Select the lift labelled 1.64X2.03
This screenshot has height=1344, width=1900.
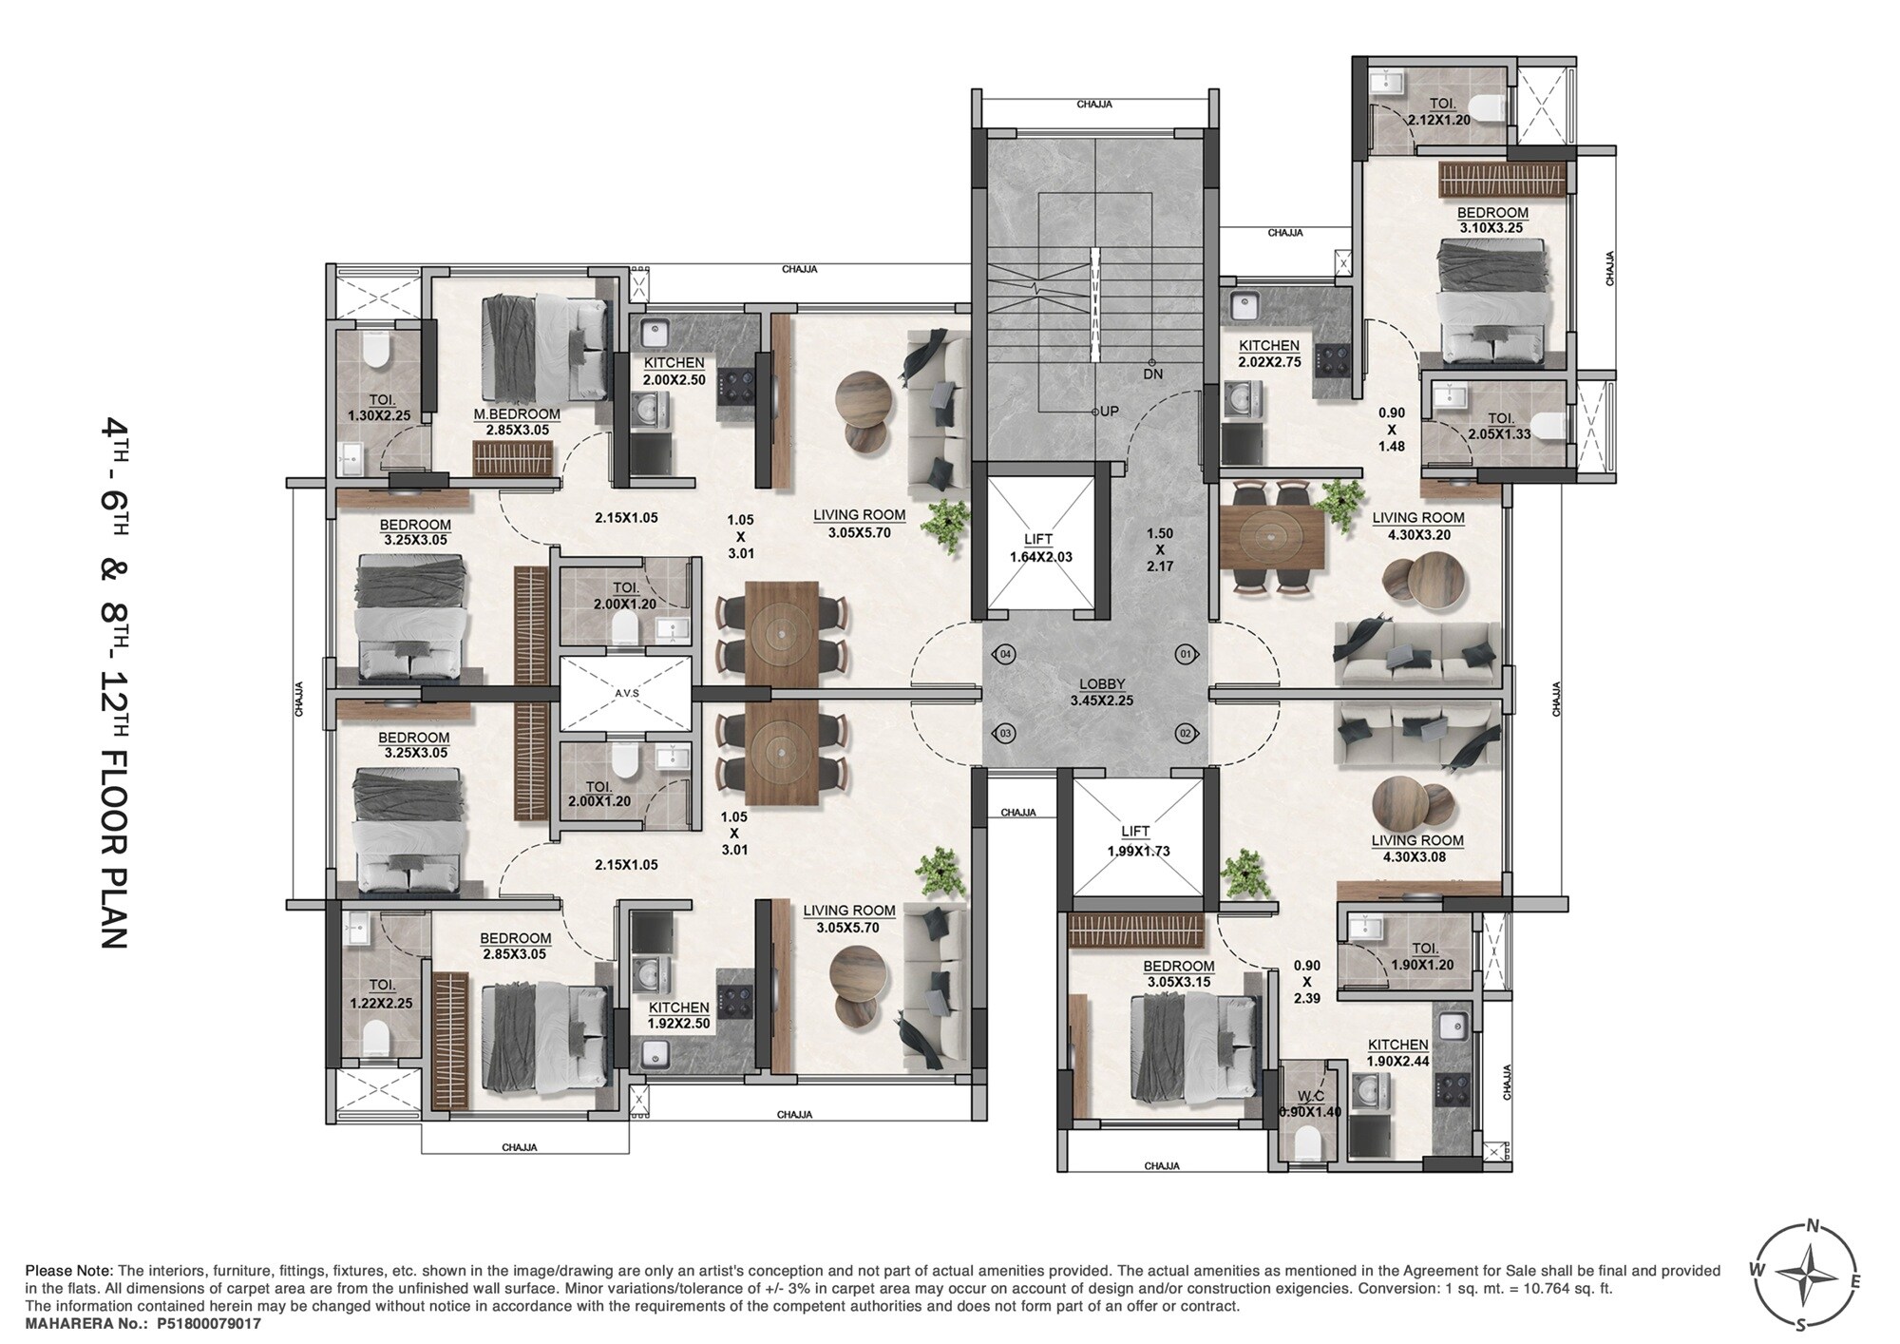pyautogui.click(x=1040, y=548)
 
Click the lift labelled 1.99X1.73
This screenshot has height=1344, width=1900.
pyautogui.click(x=1138, y=841)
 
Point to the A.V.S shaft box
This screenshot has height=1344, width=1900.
pyautogui.click(x=626, y=694)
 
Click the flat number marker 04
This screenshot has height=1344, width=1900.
pyautogui.click(x=1006, y=655)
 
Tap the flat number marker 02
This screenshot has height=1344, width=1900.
pyautogui.click(x=1185, y=734)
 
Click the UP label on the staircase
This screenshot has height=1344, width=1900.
pyautogui.click(x=1108, y=412)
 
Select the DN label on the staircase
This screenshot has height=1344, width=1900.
pyautogui.click(x=1152, y=374)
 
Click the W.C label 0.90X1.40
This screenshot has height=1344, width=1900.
pyautogui.click(x=1310, y=1104)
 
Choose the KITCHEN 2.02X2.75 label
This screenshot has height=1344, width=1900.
pyautogui.click(x=1268, y=354)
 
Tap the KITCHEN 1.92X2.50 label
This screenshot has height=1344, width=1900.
pyautogui.click(x=678, y=1015)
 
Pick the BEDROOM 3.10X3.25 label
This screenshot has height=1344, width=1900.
pyautogui.click(x=1492, y=221)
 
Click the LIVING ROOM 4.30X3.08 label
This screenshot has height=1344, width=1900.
pyautogui.click(x=1416, y=849)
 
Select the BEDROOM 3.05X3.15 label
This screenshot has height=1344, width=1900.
pyautogui.click(x=1178, y=973)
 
